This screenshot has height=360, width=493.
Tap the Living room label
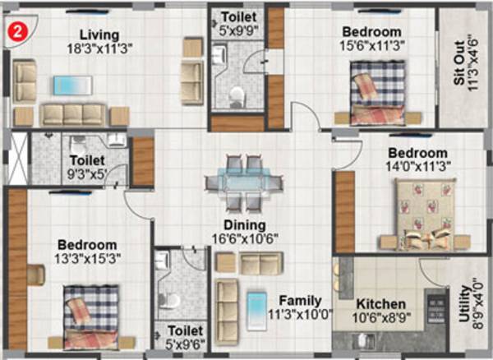[x=99, y=35]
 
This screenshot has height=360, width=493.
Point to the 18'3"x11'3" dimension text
[x=99, y=48]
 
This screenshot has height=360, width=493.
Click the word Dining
[x=243, y=225]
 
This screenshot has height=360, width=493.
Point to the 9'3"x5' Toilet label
[x=88, y=162]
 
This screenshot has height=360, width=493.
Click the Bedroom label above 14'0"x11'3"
[x=418, y=153]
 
